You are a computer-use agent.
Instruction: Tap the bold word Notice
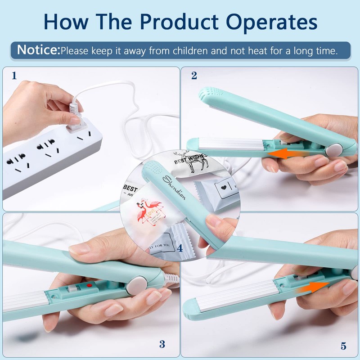click(x=38, y=50)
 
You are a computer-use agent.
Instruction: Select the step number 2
click(x=194, y=76)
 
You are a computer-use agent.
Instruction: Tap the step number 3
click(x=162, y=345)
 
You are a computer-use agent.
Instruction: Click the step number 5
click(x=343, y=346)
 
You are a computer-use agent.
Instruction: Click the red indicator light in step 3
click(x=90, y=285)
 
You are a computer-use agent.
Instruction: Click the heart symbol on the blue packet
click(x=223, y=185)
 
